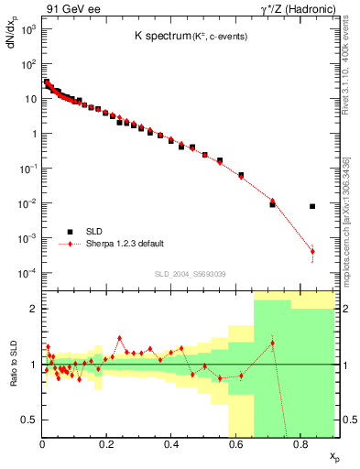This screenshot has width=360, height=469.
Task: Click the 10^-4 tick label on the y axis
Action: [27, 273]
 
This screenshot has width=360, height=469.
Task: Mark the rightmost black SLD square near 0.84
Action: [312, 206]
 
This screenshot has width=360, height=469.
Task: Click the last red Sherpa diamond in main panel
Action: [312, 251]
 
